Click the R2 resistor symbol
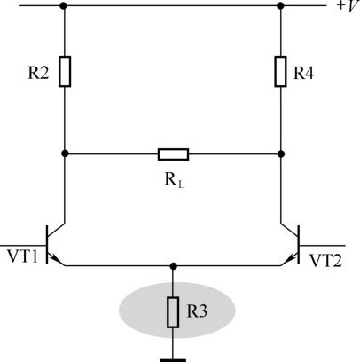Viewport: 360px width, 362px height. pyautogui.click(x=65, y=72)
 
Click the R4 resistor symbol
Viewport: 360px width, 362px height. pyautogui.click(x=280, y=72)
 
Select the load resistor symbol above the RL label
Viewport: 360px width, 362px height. pyautogui.click(x=173, y=154)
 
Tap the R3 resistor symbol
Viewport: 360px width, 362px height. pyautogui.click(x=173, y=312)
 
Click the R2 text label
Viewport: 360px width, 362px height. pyautogui.click(x=38, y=73)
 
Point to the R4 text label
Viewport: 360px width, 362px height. pyautogui.click(x=303, y=73)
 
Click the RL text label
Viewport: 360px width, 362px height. pyautogui.click(x=175, y=180)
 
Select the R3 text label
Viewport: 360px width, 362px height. pyautogui.click(x=197, y=311)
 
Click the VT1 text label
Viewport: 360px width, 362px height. pyautogui.click(x=23, y=256)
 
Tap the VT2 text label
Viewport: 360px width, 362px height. pyautogui.click(x=325, y=261)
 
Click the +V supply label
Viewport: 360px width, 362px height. pyautogui.click(x=348, y=6)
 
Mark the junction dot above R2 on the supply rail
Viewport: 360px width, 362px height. pyautogui.click(x=63, y=5)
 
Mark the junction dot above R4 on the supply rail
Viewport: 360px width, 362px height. pyautogui.click(x=280, y=5)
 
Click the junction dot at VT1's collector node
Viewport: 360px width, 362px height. pyautogui.click(x=65, y=153)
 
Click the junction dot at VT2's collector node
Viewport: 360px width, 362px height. pyautogui.click(x=281, y=153)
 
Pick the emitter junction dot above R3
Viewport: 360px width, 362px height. pyautogui.click(x=174, y=266)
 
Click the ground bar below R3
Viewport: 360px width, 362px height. pyautogui.click(x=173, y=360)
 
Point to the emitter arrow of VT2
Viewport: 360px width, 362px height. pyautogui.click(x=292, y=257)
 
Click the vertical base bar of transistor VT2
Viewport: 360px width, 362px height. pyautogui.click(x=299, y=244)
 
